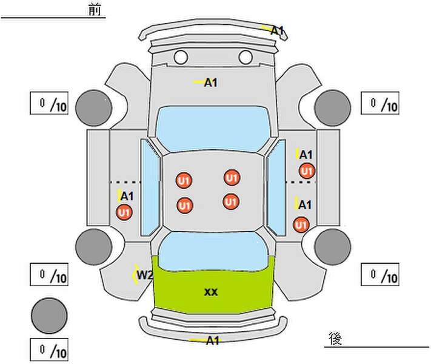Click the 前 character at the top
[x=95, y=10]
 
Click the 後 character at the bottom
[x=335, y=339]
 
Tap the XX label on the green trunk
[x=211, y=292]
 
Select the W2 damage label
[x=145, y=275]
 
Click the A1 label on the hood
[x=211, y=83]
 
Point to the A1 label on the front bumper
[x=277, y=30]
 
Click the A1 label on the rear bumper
[x=213, y=340]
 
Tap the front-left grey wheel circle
[x=94, y=108]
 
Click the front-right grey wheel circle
[x=333, y=108]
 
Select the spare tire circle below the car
[x=49, y=316]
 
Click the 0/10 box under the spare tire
[x=49, y=349]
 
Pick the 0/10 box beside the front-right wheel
[x=380, y=103]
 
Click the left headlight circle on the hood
[x=181, y=57]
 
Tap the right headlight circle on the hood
[x=246, y=57]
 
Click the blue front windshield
[x=213, y=129]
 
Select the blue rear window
[x=213, y=251]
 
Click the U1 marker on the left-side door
[x=124, y=212]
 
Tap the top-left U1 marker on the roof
[x=184, y=181]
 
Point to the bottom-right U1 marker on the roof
[x=231, y=202]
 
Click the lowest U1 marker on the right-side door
[x=301, y=225]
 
